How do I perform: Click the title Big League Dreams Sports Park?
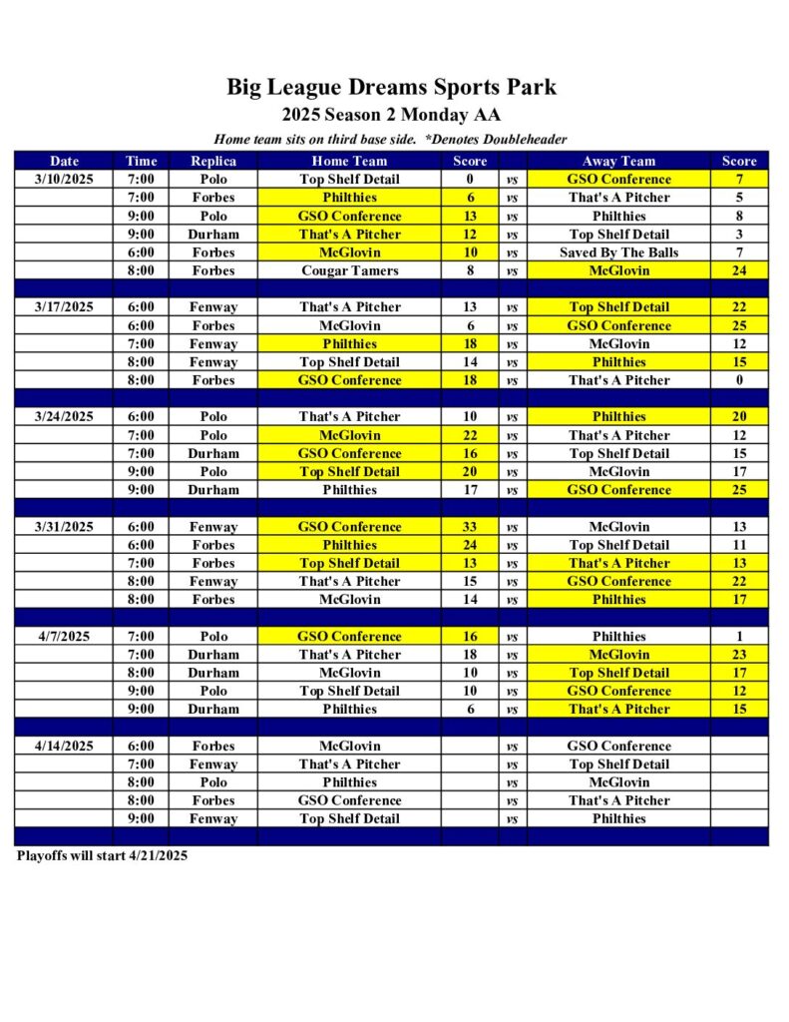tap(391, 87)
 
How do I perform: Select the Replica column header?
tap(212, 161)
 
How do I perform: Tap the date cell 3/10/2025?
tap(64, 180)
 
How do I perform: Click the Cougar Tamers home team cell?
tap(350, 270)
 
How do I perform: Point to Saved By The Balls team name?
tap(618, 253)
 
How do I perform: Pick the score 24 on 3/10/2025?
tap(739, 270)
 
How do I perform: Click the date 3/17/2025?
tap(64, 307)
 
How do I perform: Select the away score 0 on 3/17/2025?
tap(739, 380)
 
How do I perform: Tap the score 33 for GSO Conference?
tap(470, 527)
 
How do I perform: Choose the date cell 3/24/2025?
tap(64, 417)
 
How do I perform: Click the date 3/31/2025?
tap(64, 527)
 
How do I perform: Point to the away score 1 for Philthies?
tap(739, 637)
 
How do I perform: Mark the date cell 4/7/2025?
tap(64, 637)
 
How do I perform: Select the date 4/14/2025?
tap(64, 747)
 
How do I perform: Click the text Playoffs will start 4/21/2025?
tap(102, 855)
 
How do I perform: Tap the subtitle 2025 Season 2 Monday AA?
tap(391, 115)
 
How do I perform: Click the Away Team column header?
tap(618, 161)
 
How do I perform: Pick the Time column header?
tap(141, 161)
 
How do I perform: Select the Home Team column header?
tap(349, 161)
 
